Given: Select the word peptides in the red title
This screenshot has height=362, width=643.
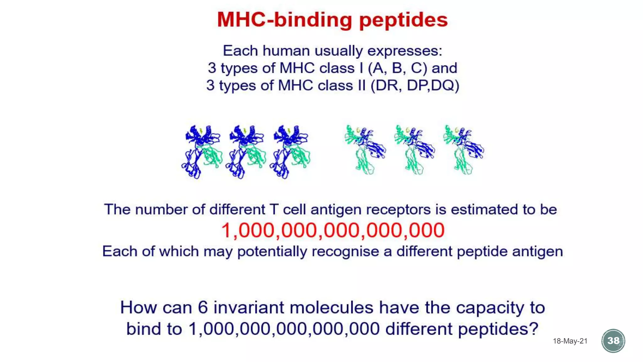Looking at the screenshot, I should pos(403,20).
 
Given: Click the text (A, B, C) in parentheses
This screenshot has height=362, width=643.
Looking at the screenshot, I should pos(397,68).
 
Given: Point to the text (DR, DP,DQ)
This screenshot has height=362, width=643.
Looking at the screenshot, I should pos(415,85).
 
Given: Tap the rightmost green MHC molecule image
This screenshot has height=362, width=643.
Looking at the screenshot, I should pos(463,150).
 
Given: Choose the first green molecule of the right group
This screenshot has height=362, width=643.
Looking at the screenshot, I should pos(365,150).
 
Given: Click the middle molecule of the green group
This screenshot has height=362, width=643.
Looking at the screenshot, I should pos(414,150).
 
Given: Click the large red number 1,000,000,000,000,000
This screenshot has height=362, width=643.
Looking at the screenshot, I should pos(333,230).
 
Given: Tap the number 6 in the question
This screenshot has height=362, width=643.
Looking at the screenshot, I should pos(203,307).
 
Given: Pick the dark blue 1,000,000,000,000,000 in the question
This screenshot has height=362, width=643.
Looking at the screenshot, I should pos(284,329).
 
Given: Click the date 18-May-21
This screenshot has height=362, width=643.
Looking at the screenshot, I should pos(570,341).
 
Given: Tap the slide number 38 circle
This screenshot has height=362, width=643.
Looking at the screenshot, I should pos(613,341).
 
